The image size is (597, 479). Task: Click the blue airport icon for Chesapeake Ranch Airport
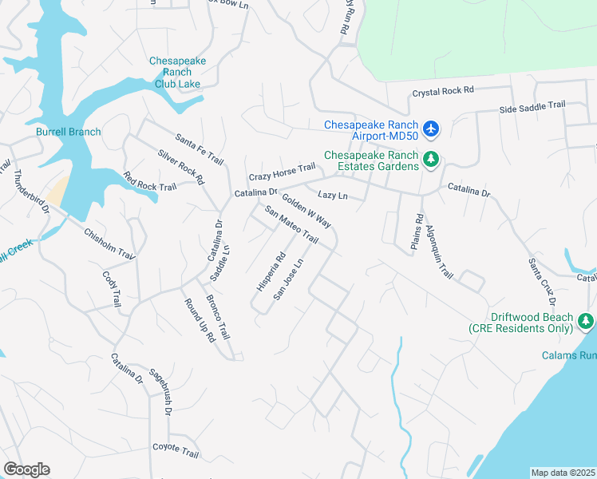[x=431, y=128]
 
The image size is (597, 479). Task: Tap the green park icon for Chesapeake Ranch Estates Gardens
[x=431, y=160]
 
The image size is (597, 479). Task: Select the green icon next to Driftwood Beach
[x=587, y=322]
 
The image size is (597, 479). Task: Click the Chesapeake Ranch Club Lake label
[x=178, y=72]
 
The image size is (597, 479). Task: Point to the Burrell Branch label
[x=68, y=132]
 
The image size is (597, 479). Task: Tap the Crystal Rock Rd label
[x=443, y=93]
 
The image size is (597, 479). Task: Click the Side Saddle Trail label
[x=532, y=105]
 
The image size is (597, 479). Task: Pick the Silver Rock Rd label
[x=180, y=167]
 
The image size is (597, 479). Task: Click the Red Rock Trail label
[x=149, y=181]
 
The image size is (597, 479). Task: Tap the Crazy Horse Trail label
[x=282, y=172]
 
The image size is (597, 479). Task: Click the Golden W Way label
[x=306, y=210]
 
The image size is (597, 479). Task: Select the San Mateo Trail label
[x=291, y=226]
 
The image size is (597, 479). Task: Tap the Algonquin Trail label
[x=439, y=250]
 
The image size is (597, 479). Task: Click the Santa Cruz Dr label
[x=540, y=282]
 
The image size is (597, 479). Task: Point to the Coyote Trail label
[x=176, y=452]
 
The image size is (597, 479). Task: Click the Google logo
[x=26, y=469]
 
